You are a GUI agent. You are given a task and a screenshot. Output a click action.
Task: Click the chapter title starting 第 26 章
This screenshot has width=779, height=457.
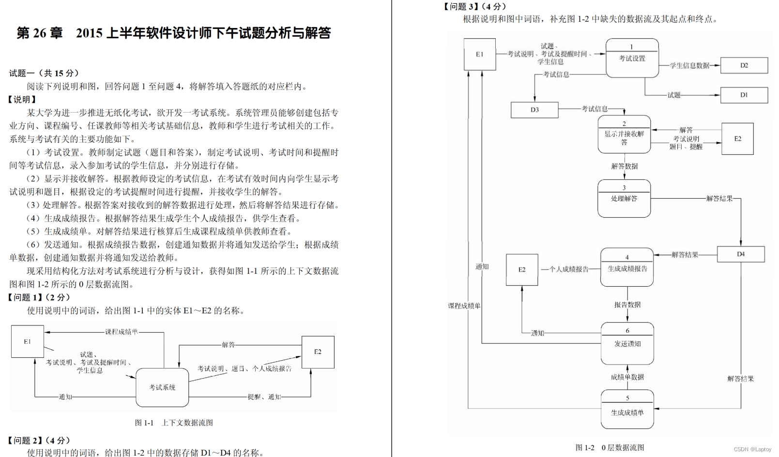click(x=174, y=33)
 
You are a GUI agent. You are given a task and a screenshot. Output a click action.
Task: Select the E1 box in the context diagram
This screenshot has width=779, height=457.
click(x=28, y=341)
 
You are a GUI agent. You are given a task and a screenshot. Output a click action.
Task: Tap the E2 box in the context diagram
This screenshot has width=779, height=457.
click(x=318, y=352)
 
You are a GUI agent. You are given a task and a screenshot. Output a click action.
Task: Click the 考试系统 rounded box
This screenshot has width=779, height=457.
click(x=162, y=387)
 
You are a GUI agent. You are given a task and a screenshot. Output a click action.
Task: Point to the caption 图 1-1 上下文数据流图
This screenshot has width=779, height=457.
click(x=174, y=423)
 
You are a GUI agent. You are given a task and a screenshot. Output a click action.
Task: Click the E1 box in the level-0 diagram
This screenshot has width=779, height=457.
click(x=479, y=55)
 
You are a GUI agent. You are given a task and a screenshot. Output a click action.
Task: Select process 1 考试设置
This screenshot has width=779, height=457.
click(x=632, y=58)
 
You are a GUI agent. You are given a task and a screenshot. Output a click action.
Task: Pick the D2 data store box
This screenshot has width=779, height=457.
click(x=744, y=65)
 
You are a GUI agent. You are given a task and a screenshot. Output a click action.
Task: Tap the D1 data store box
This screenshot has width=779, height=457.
click(x=744, y=95)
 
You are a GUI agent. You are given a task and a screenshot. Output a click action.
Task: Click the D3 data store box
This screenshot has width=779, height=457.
click(x=535, y=110)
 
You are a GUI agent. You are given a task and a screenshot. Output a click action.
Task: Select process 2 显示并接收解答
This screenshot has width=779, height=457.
click(x=624, y=134)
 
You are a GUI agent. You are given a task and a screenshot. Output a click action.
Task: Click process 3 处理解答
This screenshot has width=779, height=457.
click(x=624, y=198)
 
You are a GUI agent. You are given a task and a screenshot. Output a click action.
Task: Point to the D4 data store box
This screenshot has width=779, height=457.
click(x=740, y=254)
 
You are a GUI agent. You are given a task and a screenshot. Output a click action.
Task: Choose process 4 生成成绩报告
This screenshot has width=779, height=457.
click(x=627, y=267)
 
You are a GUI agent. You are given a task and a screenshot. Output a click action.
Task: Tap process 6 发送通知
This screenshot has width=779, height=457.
click(x=627, y=343)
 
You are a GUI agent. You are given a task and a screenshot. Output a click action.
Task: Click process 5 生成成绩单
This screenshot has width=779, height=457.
click(x=627, y=410)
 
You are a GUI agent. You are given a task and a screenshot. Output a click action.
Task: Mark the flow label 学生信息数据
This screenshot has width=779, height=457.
click(x=689, y=66)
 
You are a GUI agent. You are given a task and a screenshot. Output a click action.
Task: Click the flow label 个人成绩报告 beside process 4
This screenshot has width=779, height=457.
click(x=568, y=269)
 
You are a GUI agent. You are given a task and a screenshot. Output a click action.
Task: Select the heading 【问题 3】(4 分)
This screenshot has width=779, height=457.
click(x=474, y=6)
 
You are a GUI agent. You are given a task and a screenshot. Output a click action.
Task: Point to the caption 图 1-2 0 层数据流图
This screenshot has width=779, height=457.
click(x=610, y=448)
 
